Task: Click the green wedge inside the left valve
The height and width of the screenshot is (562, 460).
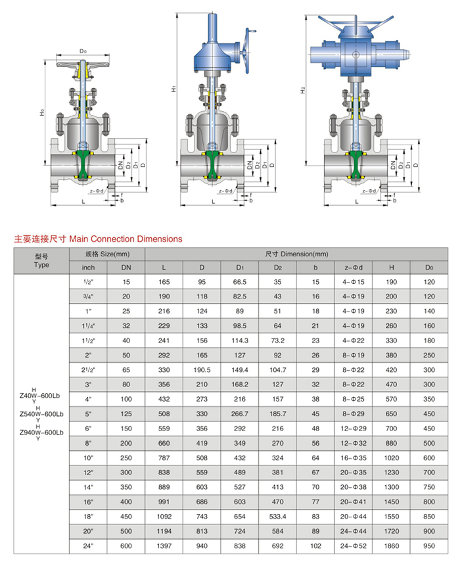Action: pos(83,165)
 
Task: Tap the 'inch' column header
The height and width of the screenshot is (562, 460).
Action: pos(89,268)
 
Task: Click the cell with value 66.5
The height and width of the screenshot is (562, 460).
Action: pos(239,282)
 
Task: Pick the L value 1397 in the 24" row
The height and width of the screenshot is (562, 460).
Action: pos(164,546)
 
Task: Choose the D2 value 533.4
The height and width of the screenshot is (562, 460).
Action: pos(277,517)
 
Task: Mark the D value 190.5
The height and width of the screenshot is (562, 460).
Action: pos(202,370)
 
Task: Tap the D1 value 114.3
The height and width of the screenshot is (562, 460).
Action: pos(239,340)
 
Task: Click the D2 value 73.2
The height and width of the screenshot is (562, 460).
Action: pos(277,340)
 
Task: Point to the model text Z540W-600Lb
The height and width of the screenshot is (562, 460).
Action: pos(42,414)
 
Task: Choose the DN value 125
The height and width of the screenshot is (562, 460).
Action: pos(126,414)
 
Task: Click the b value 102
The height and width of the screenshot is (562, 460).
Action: pos(315,546)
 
